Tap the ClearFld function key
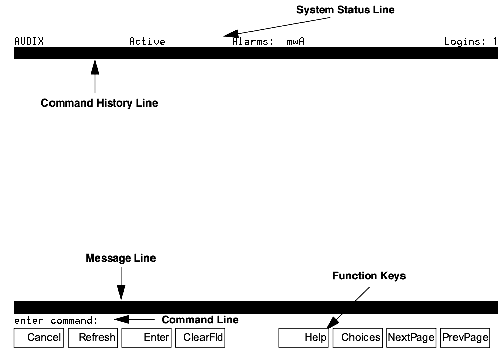click(200, 338)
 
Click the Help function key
click(304, 338)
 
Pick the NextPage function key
click(412, 338)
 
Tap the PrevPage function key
click(465, 338)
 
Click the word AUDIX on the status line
click(29, 42)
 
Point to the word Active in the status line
click(147, 42)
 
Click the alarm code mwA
click(295, 42)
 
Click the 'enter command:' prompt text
click(56, 321)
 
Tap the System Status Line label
click(345, 10)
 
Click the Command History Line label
click(99, 103)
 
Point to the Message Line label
click(121, 258)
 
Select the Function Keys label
click(369, 276)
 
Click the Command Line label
click(200, 320)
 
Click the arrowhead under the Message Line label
click(121, 293)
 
